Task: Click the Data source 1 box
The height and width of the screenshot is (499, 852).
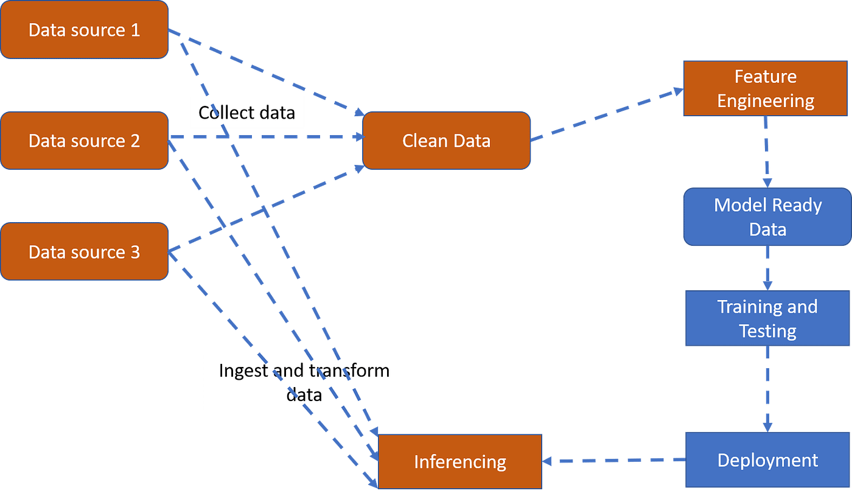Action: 84,30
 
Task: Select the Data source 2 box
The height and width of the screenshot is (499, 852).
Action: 84,141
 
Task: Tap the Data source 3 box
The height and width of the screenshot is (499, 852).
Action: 84,251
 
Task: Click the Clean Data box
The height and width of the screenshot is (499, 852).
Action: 446,141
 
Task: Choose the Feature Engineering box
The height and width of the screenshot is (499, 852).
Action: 766,88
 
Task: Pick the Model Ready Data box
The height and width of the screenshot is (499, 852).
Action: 767,217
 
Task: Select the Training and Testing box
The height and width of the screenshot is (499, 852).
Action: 767,318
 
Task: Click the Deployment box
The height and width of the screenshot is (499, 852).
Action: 767,460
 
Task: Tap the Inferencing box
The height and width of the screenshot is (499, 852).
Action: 460,461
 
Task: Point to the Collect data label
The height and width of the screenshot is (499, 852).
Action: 246,113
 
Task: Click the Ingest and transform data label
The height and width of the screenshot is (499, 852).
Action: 304,382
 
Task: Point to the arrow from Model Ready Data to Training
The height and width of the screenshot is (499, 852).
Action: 767,268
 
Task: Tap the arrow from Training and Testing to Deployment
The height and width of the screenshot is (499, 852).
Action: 767,389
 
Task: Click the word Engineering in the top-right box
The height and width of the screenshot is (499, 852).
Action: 766,100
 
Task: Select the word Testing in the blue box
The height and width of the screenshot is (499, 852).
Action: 767,331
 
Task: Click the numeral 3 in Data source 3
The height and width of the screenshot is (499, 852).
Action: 134,252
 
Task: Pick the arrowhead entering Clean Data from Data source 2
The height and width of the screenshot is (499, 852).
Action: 357,137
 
